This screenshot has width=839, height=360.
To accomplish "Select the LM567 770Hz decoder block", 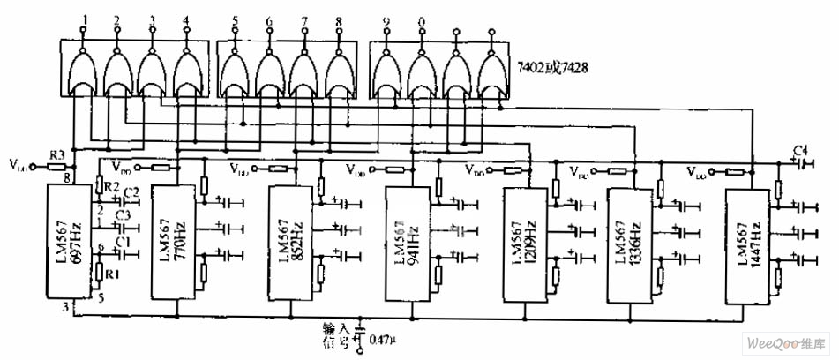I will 177,243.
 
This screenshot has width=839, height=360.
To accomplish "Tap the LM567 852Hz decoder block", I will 292,243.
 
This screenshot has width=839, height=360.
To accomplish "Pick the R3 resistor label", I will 56,155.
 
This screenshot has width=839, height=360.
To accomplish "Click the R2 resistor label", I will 110,187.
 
